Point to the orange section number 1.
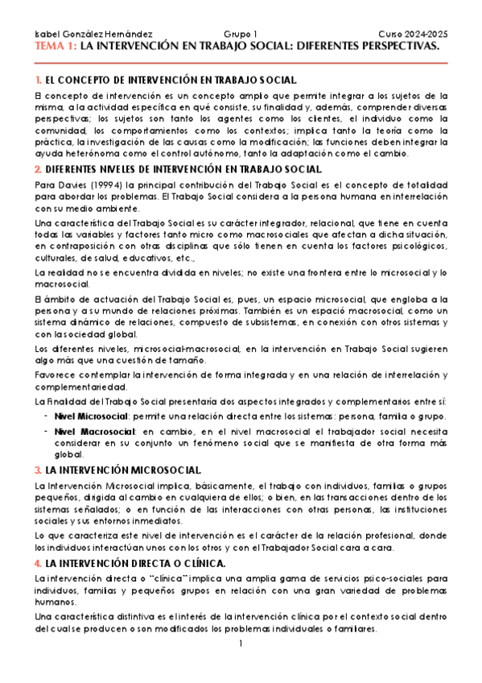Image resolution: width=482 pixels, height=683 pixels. pos(38,81)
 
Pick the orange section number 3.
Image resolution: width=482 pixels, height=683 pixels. pos(39,470)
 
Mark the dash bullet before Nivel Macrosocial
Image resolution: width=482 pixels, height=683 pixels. pos(45,433)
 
